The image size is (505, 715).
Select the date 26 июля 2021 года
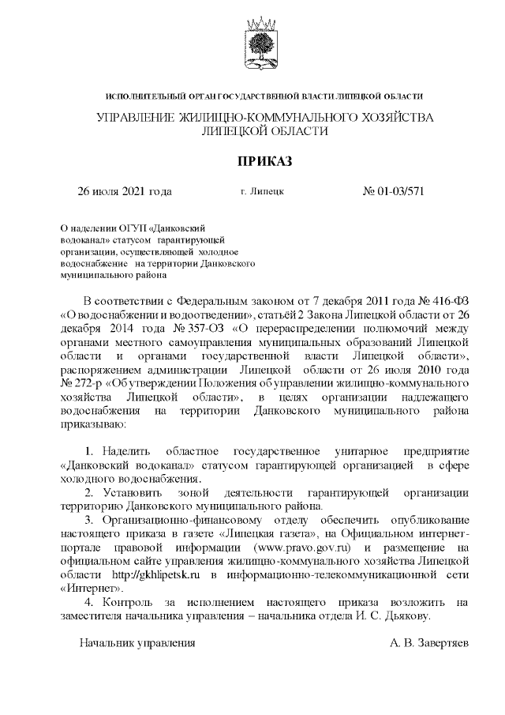pyautogui.click(x=124, y=191)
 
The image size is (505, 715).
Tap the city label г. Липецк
pyautogui.click(x=262, y=191)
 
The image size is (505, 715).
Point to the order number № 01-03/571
pyautogui.click(x=393, y=191)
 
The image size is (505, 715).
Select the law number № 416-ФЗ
pyautogui.click(x=438, y=301)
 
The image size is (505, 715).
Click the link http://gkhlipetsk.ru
pyautogui.click(x=147, y=575)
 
